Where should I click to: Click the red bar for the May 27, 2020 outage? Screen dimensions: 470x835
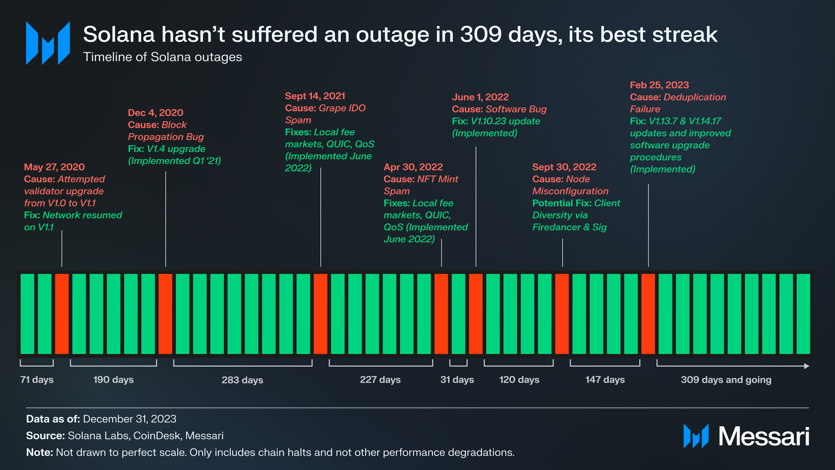click(62, 314)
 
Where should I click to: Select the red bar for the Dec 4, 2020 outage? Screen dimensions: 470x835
click(165, 314)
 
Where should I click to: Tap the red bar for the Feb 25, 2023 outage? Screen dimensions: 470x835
click(648, 314)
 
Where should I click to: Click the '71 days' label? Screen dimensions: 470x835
click(37, 380)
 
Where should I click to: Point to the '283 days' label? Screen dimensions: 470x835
click(242, 380)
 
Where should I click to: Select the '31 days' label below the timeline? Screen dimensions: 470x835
click(457, 380)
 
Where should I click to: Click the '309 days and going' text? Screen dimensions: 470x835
click(726, 380)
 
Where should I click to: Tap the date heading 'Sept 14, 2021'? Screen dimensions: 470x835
click(315, 96)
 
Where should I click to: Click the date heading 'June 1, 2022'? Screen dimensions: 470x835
click(480, 97)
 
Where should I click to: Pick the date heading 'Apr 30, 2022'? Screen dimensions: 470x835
click(413, 167)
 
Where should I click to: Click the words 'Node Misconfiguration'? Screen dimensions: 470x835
click(570, 185)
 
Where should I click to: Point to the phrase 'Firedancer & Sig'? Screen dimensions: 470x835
click(570, 227)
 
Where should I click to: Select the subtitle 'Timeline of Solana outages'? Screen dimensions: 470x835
click(163, 57)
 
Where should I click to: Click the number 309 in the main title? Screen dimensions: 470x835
click(481, 34)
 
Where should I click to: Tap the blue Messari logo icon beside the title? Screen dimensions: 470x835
click(48, 43)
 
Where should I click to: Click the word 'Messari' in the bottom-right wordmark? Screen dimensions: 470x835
click(764, 436)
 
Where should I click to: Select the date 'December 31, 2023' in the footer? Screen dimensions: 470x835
click(129, 419)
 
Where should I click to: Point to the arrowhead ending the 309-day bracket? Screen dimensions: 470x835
click(807, 366)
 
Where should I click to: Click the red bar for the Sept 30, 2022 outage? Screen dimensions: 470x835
click(562, 314)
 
